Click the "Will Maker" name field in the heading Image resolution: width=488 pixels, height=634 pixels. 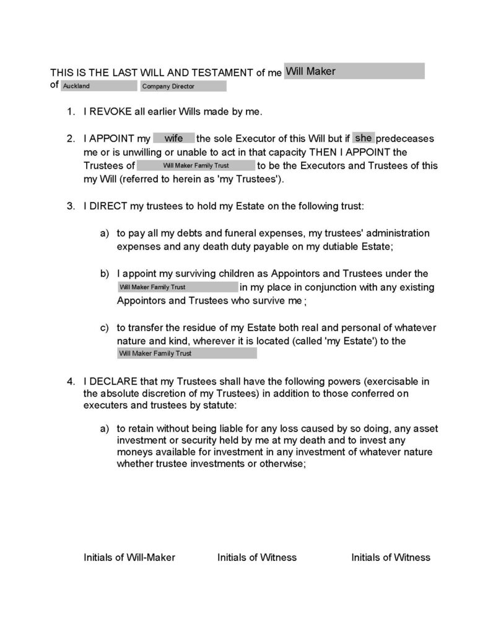354,71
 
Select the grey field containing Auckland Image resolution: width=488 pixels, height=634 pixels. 98,86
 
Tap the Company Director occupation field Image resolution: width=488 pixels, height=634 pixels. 183,86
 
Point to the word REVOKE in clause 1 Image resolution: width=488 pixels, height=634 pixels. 110,112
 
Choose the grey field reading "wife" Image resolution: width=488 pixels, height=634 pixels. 173,138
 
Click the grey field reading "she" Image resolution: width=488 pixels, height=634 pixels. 363,137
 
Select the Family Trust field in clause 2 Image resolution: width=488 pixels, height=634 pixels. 195,165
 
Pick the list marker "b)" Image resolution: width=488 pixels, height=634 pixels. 105,274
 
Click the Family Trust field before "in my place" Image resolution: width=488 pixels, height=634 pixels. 177,287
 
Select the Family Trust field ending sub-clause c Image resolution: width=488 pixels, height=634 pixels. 186,354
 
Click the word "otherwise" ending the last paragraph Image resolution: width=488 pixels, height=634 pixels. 281,465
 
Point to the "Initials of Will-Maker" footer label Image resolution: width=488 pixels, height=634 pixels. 129,557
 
